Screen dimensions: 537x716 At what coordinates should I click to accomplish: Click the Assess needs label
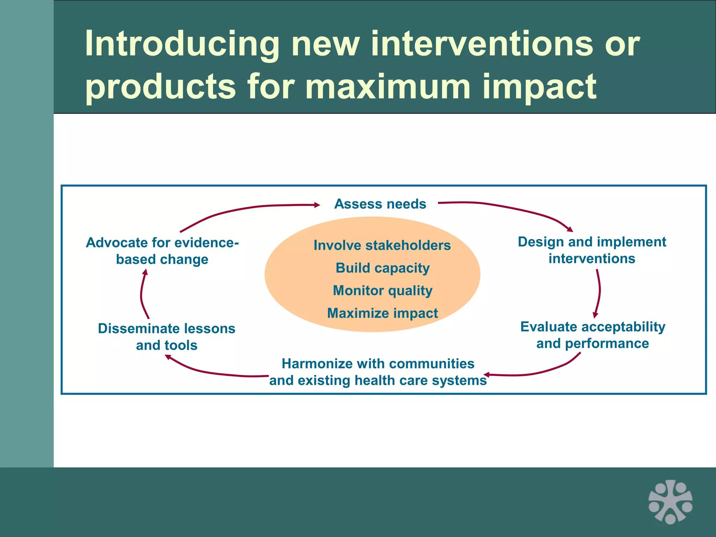(x=380, y=204)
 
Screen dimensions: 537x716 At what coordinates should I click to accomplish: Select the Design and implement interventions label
(x=592, y=250)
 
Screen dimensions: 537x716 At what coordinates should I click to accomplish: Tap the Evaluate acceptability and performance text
(x=593, y=335)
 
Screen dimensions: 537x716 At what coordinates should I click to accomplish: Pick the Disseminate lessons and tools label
(x=167, y=337)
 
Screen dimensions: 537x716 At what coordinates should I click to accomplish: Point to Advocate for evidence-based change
(x=162, y=251)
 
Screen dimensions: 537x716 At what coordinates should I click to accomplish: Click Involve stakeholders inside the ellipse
(x=382, y=245)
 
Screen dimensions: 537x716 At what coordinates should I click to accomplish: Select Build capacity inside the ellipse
(x=382, y=268)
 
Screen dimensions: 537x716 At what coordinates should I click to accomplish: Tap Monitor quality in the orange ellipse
(x=382, y=291)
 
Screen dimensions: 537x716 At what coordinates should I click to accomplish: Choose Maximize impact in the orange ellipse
(x=382, y=313)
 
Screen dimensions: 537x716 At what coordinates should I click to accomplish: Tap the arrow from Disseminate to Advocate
(x=142, y=294)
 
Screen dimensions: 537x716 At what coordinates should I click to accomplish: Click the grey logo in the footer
(x=670, y=502)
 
